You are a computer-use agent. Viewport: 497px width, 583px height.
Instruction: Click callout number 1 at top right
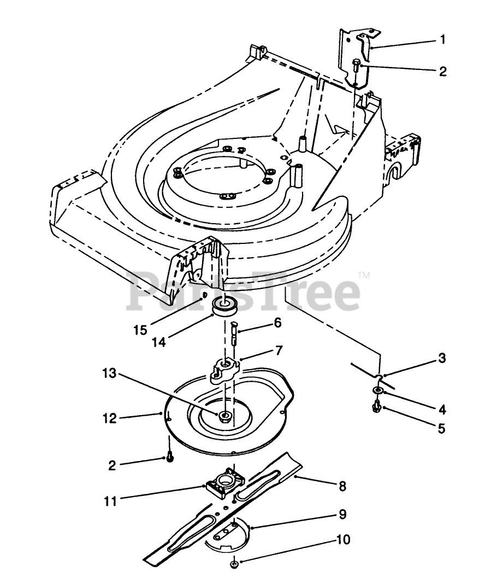(443, 39)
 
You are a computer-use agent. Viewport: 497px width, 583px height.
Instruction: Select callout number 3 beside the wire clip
(442, 359)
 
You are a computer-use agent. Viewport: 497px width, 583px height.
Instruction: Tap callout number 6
(277, 323)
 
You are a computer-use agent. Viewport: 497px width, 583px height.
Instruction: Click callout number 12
(110, 418)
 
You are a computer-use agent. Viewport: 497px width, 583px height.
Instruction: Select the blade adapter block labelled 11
(224, 482)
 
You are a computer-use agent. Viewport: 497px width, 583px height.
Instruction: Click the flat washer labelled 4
(377, 390)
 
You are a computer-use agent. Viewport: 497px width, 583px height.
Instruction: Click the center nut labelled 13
(224, 416)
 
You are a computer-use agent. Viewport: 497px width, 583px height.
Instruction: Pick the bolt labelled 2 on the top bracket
(356, 66)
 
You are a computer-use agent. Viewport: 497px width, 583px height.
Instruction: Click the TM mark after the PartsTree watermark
(364, 275)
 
